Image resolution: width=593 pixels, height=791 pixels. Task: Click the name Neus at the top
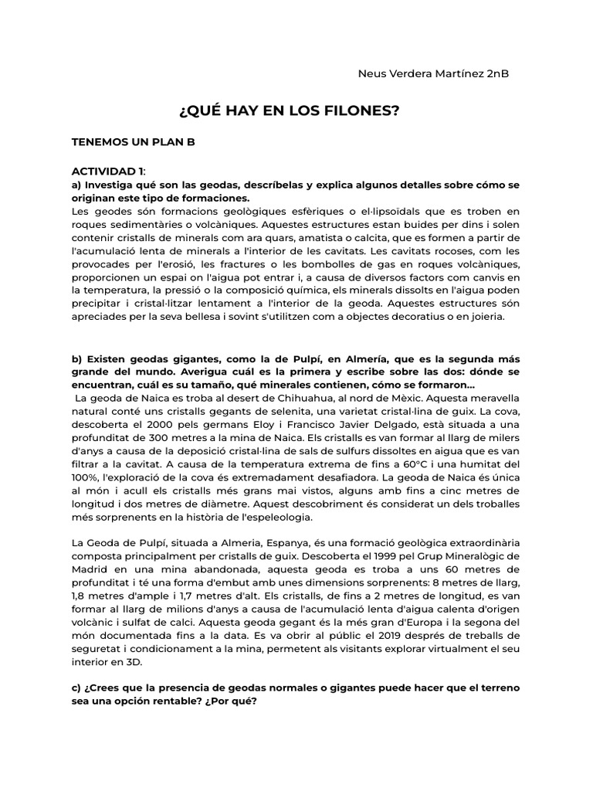pyautogui.click(x=373, y=74)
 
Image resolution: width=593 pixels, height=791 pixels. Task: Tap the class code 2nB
pyautogui.click(x=494, y=74)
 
